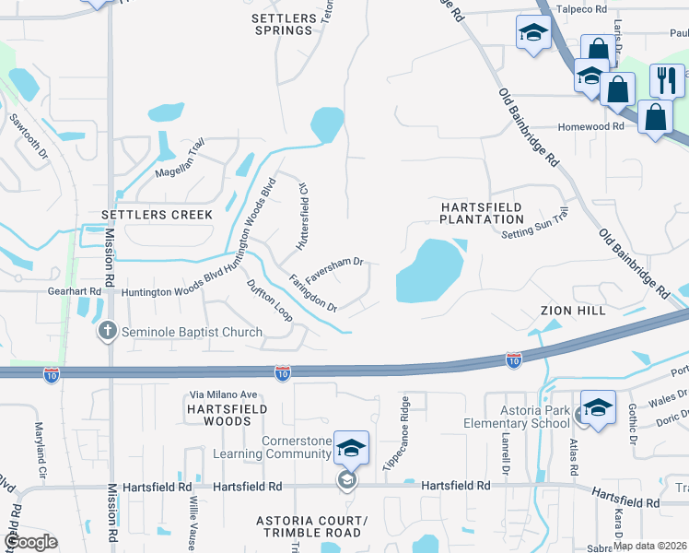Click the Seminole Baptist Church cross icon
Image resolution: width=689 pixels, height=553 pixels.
(x=108, y=332)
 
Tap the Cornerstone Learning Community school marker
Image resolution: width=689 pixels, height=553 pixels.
(x=351, y=449)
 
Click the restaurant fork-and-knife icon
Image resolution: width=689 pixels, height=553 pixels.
(x=666, y=80)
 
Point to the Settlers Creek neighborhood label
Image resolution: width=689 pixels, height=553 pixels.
(x=157, y=215)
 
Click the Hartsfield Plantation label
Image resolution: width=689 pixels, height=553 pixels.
(x=481, y=213)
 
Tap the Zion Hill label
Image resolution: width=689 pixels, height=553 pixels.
(x=573, y=311)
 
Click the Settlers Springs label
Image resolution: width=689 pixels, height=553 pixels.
(x=283, y=24)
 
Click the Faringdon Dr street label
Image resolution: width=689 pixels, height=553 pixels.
(x=312, y=292)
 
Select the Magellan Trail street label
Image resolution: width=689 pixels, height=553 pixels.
(x=180, y=159)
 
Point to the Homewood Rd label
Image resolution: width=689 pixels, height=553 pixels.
(x=590, y=127)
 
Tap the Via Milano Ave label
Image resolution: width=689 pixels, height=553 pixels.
(x=223, y=394)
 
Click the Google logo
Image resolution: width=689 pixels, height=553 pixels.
(x=30, y=542)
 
